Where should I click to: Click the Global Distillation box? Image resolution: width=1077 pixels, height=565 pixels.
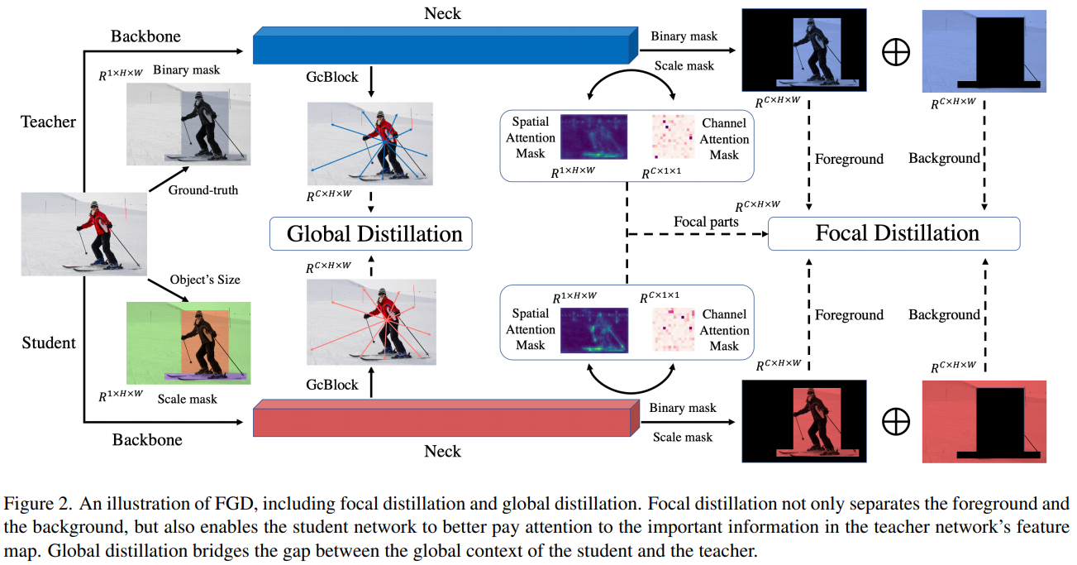pos(370,234)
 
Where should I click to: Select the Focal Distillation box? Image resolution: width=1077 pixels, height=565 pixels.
pos(894,233)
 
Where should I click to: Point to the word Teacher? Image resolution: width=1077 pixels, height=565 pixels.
pos(48,122)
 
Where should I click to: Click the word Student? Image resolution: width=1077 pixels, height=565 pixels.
pos(49,342)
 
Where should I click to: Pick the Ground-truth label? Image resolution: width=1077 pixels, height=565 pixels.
pos(203,190)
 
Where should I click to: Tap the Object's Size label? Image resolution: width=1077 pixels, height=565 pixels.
pos(205,280)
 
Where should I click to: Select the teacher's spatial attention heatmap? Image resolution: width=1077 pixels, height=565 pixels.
pos(593,136)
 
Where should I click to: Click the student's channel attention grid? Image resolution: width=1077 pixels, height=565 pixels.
pos(673,331)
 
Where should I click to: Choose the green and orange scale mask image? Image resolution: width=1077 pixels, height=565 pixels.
pos(188,342)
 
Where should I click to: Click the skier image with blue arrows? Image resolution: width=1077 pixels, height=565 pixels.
pos(369,143)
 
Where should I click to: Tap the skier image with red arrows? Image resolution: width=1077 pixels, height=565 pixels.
pos(369,321)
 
